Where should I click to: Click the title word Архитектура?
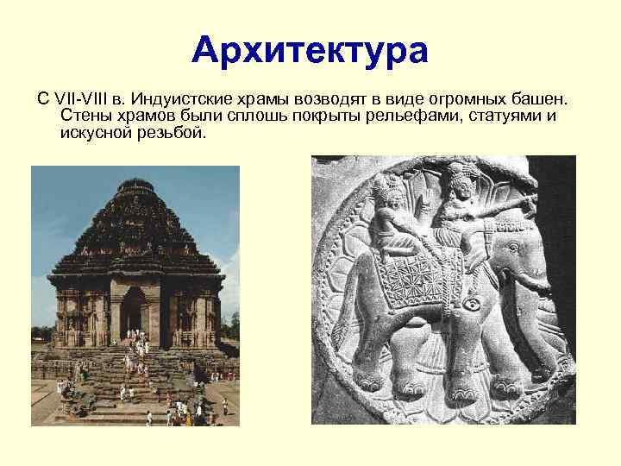point(310,51)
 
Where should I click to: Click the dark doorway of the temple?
point(132,308)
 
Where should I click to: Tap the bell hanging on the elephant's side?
point(473,305)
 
